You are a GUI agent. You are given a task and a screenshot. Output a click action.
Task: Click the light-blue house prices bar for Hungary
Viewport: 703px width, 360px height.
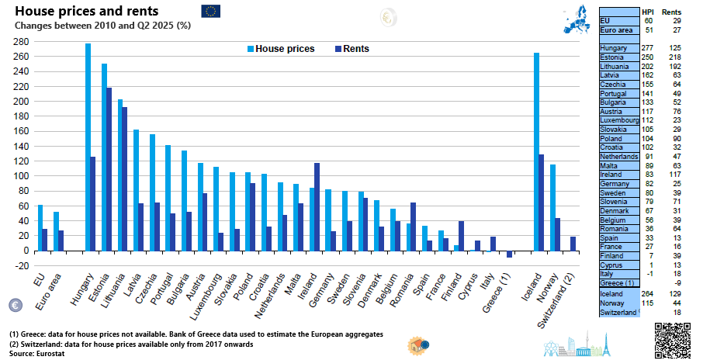click(x=88, y=147)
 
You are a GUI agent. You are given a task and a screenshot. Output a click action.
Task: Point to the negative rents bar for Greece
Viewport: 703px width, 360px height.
click(x=509, y=254)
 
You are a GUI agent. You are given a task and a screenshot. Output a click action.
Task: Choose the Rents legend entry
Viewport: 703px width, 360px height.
click(x=351, y=49)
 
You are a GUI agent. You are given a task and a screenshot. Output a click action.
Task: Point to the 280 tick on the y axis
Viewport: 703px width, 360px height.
click(x=20, y=42)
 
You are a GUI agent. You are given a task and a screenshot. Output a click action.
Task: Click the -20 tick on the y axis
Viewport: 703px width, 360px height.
click(x=20, y=265)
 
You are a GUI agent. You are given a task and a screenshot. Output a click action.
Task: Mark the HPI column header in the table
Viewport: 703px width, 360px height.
click(x=648, y=10)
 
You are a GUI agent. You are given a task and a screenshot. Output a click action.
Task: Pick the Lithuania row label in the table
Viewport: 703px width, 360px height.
click(x=615, y=67)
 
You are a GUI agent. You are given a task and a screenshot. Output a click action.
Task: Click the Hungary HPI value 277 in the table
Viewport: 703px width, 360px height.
click(x=648, y=48)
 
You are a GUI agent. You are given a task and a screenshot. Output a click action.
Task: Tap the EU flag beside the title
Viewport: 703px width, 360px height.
click(x=210, y=11)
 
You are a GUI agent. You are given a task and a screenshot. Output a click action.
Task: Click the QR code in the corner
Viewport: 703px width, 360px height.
click(x=672, y=338)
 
